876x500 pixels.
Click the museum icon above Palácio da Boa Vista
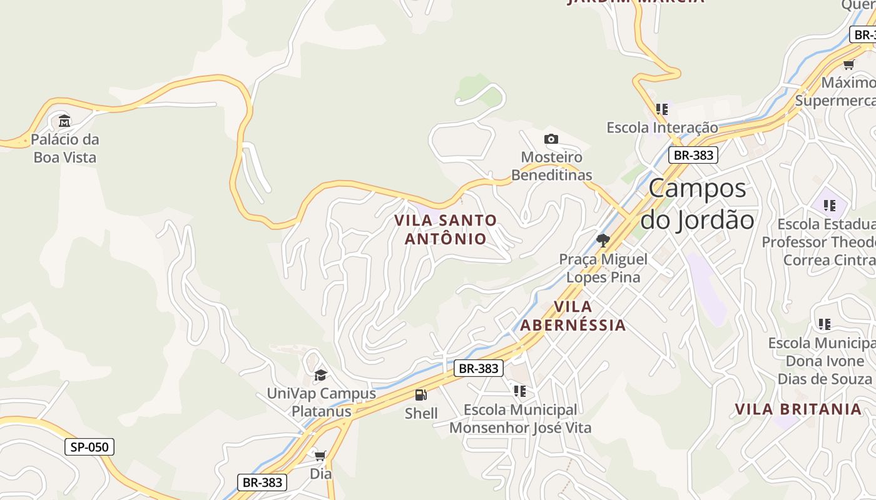click(64, 121)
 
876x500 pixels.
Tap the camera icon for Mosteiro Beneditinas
click(551, 139)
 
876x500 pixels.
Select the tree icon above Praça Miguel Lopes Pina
click(603, 240)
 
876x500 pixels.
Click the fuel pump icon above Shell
click(421, 394)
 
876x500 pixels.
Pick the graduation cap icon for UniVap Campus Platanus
click(320, 375)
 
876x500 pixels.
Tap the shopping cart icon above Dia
click(320, 456)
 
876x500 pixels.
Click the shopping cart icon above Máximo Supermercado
click(849, 64)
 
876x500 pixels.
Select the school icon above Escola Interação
click(662, 109)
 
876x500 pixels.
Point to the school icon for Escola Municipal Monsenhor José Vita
click(520, 391)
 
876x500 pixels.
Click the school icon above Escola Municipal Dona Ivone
click(825, 324)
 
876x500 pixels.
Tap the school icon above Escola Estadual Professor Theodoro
click(830, 205)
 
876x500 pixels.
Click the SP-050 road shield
click(89, 447)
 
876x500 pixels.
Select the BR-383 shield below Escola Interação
click(693, 155)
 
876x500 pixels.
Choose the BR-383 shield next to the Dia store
click(263, 482)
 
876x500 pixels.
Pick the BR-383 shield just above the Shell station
click(479, 368)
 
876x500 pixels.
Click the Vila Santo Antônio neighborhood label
click(446, 229)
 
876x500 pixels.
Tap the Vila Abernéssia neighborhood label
click(573, 316)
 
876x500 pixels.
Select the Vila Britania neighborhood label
click(798, 409)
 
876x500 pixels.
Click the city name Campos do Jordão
click(697, 204)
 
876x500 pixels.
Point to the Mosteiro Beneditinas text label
click(551, 166)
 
